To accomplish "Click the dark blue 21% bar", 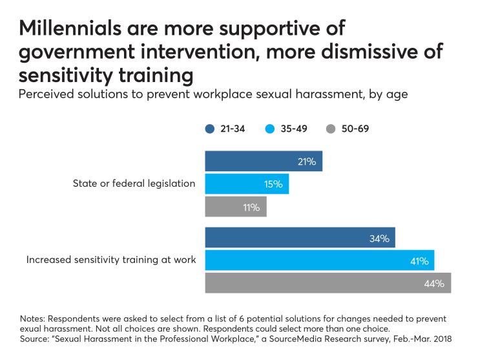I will click(263, 161).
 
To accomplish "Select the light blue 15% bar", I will click(246, 184).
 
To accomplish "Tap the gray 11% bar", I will click(235, 207).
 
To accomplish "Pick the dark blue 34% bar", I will click(299, 238).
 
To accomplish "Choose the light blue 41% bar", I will click(319, 260).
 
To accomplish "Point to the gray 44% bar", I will click(327, 283).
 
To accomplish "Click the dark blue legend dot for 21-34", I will click(209, 129).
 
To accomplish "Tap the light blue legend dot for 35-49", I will click(271, 129).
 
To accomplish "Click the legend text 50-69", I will click(355, 129).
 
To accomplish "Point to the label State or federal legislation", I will click(134, 184).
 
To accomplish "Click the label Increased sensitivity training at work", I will click(110, 260).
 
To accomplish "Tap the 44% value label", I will click(435, 283).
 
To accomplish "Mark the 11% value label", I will click(251, 207).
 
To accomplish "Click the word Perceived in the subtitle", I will click(45, 94).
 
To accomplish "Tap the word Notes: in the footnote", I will click(34, 319).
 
